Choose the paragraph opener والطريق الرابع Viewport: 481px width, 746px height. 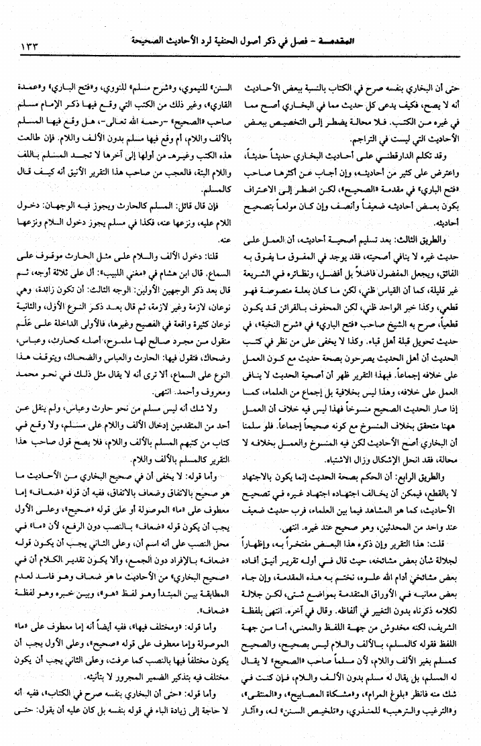pyautogui.click(x=434, y=475)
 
